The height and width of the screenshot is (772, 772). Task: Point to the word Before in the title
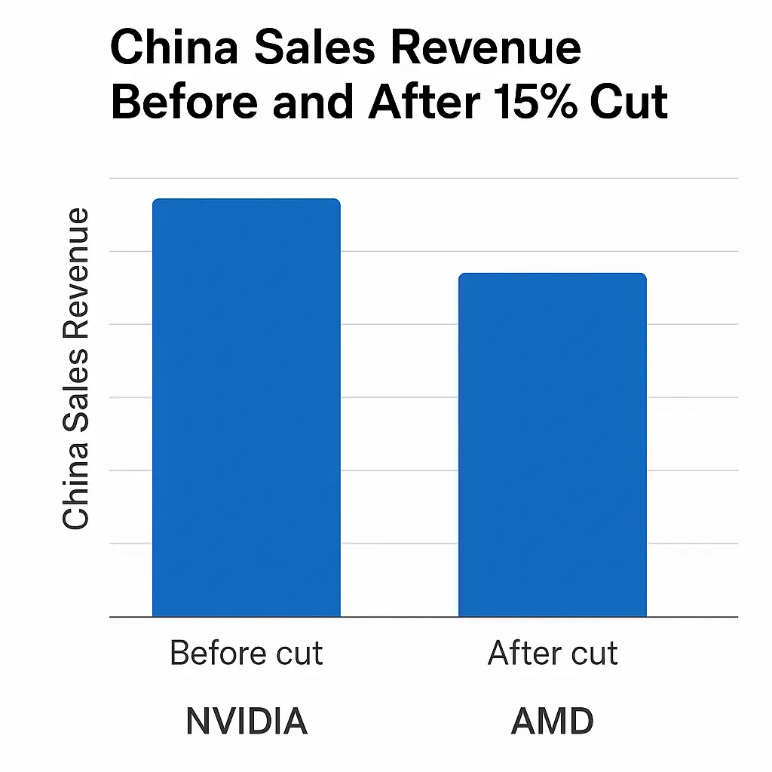pos(185,103)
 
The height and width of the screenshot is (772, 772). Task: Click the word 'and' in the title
pos(317,103)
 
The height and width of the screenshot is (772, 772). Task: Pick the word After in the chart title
pos(421,103)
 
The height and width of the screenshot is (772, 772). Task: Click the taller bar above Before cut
pos(247,407)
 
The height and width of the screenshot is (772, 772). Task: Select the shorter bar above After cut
pos(553,445)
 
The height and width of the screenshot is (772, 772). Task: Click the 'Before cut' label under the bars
pos(247,653)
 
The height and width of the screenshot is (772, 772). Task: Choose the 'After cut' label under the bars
pos(553,653)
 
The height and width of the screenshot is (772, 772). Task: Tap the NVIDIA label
pos(247,721)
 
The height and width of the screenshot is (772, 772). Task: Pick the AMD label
pos(553,721)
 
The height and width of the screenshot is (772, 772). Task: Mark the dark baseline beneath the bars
pos(422,617)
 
